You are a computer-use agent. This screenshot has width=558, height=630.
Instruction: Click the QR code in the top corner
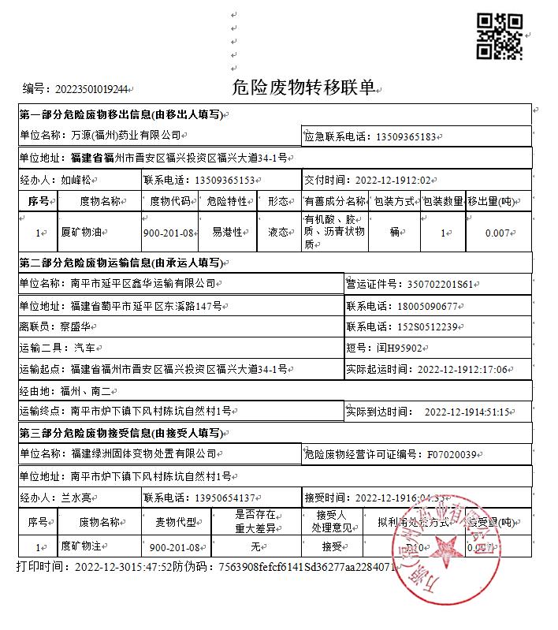click(x=501, y=36)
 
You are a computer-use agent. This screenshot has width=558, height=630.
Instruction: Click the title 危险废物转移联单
click(x=303, y=87)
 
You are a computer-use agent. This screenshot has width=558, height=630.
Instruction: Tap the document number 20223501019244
click(x=87, y=88)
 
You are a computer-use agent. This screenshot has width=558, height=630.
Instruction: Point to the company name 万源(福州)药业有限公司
click(x=126, y=136)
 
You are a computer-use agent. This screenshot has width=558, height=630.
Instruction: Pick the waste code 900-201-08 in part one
click(x=169, y=233)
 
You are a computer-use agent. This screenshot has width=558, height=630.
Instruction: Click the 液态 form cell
click(x=278, y=233)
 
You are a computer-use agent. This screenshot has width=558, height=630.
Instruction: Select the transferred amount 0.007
click(x=498, y=233)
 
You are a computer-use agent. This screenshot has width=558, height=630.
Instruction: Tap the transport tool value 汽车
click(x=84, y=348)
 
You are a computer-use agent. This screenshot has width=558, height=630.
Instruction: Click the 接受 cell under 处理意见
click(x=333, y=546)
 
